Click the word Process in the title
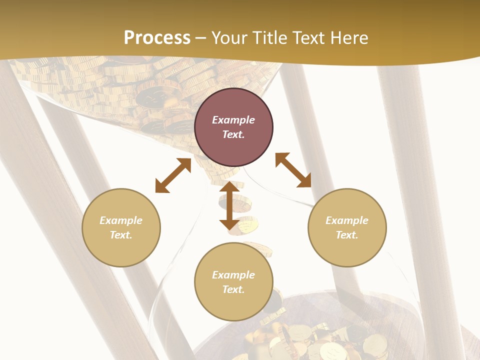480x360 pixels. click(x=157, y=37)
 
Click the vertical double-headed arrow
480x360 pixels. click(x=229, y=206)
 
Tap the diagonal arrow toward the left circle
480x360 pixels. click(x=173, y=175)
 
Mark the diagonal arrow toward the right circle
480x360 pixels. click(x=293, y=170)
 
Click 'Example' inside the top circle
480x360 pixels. click(x=233, y=120)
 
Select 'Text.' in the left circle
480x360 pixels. click(x=121, y=235)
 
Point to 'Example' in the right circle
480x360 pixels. click(x=347, y=220)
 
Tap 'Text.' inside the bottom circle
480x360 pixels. click(x=233, y=289)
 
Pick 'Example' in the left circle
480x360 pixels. click(x=121, y=220)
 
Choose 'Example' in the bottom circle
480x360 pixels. click(x=233, y=275)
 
